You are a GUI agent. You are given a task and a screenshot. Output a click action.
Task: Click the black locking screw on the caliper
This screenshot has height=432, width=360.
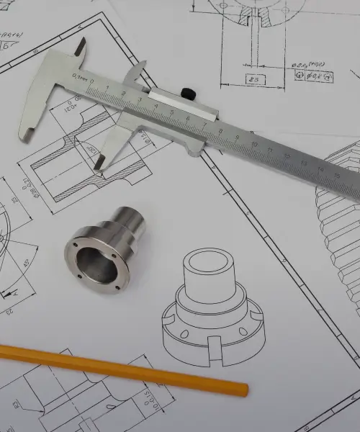(x=189, y=92)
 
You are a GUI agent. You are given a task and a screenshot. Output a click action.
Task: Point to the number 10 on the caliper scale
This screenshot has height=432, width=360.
(x=254, y=145)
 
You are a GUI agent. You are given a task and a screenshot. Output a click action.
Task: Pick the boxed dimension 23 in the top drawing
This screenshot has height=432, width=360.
(x=253, y=78)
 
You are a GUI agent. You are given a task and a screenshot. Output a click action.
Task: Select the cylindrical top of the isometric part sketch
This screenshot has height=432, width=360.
(x=210, y=273)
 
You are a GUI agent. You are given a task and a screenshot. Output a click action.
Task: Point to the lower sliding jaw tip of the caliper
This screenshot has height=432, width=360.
(x=98, y=166)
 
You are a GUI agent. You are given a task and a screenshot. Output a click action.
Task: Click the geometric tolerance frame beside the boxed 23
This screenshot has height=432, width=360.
(x=314, y=75)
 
